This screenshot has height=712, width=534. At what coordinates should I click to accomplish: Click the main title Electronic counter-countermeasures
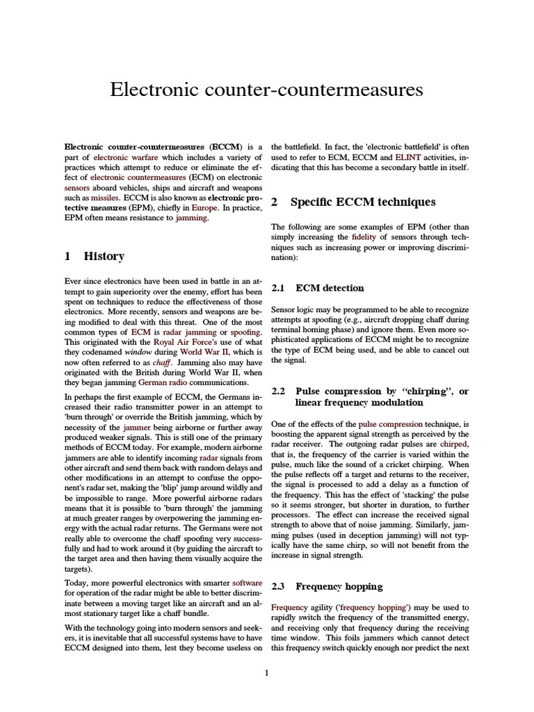pos(266,90)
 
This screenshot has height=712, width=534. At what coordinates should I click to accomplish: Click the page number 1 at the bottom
pos(267,672)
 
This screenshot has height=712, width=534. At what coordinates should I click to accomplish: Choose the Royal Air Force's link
pos(186,343)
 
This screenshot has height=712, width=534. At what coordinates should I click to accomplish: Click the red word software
pos(248,582)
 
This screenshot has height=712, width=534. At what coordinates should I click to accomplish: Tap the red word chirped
pos(452,443)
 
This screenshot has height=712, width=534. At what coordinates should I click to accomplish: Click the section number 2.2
pos(278,391)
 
